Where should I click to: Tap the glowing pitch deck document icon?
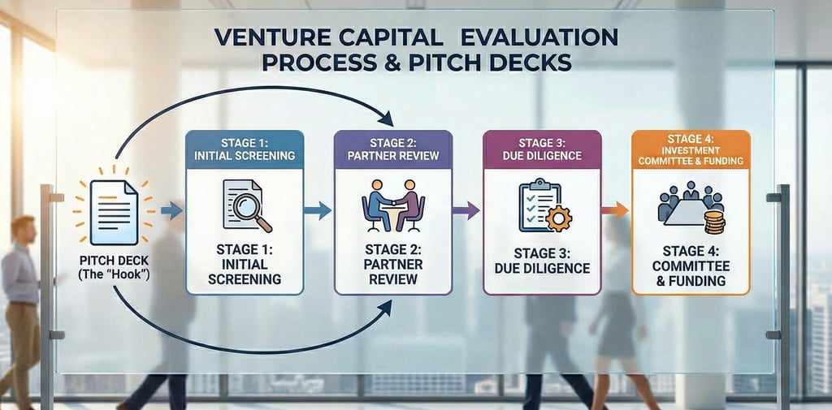pyautogui.click(x=113, y=213)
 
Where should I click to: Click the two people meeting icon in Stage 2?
pyautogui.click(x=392, y=206)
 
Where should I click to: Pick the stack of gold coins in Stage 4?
pyautogui.click(x=714, y=221)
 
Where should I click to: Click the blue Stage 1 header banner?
pyautogui.click(x=245, y=149)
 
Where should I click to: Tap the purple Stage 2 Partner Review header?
pyautogui.click(x=392, y=149)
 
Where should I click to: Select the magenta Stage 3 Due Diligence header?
pyautogui.click(x=541, y=149)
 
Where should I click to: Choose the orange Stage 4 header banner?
pyautogui.click(x=691, y=149)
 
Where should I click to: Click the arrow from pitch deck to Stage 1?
pyautogui.click(x=171, y=211)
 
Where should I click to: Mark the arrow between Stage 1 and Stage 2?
pyautogui.click(x=318, y=210)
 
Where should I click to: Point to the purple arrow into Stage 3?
pyautogui.click(x=466, y=211)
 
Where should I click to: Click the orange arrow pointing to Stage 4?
pyautogui.click(x=615, y=210)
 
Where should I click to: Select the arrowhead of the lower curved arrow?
pyautogui.click(x=386, y=307)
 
